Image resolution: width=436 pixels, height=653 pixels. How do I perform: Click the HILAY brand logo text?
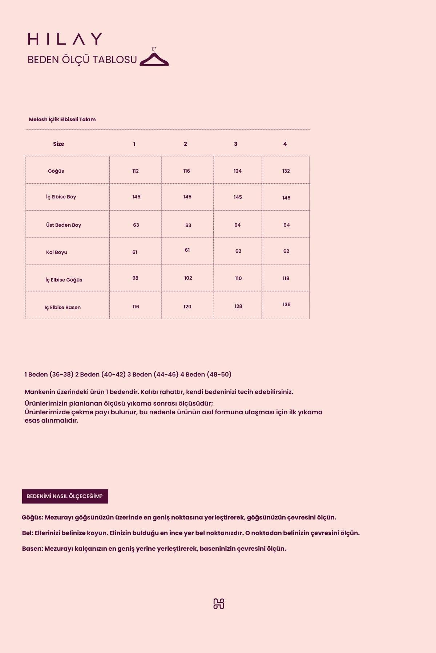click(x=65, y=39)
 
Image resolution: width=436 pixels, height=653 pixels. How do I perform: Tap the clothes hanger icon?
click(x=154, y=58)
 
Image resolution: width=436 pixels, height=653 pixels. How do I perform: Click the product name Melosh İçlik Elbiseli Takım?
click(x=62, y=119)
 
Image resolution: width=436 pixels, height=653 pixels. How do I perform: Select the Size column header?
click(x=58, y=144)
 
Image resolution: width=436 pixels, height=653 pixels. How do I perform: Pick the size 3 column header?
click(x=235, y=144)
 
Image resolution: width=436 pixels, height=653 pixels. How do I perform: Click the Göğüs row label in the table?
click(x=56, y=171)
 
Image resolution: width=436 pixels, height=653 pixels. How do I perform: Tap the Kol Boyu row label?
click(x=57, y=252)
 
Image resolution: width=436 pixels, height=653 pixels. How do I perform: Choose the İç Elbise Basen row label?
click(x=62, y=307)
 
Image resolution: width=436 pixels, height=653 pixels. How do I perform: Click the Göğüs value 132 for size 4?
click(x=286, y=171)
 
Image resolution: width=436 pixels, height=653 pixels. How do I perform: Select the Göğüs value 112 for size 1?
click(x=136, y=171)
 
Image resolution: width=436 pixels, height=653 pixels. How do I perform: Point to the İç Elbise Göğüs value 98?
click(x=135, y=278)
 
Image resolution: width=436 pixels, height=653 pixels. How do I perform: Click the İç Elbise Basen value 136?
click(x=286, y=304)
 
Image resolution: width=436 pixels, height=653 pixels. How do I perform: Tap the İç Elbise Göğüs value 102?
click(x=188, y=278)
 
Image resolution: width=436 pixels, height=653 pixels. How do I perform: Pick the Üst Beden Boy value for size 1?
click(x=136, y=225)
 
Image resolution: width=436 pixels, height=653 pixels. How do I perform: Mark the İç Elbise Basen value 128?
click(x=238, y=306)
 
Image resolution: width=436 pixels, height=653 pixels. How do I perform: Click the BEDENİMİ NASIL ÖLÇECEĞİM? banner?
click(x=65, y=496)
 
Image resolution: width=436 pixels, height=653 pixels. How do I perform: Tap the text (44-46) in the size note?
click(x=166, y=374)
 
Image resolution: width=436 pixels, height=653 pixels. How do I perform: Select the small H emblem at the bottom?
click(x=218, y=604)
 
